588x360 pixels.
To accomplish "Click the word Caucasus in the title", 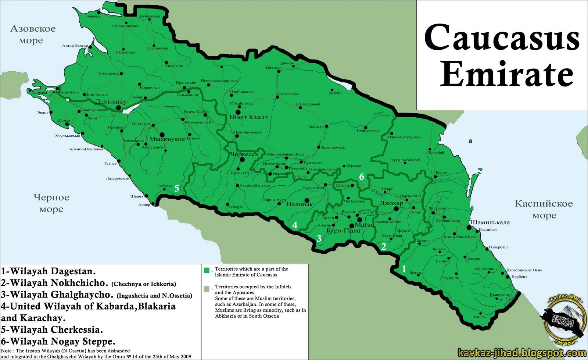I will click(x=502, y=38).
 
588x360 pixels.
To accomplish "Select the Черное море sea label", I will click(x=51, y=203).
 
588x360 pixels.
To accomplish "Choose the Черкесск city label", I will click(x=244, y=154).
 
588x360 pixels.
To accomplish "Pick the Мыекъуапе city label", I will click(x=167, y=140).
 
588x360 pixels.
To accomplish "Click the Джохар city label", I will click(x=391, y=203).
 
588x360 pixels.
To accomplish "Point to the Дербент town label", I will click(x=519, y=277).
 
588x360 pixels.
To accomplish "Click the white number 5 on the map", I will click(x=176, y=188).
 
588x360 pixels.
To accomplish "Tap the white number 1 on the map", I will click(x=404, y=269).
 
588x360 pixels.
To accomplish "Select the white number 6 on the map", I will click(x=362, y=177).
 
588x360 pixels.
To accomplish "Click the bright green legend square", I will click(x=207, y=271).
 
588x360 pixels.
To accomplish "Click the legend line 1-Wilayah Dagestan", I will click(x=48, y=272).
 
